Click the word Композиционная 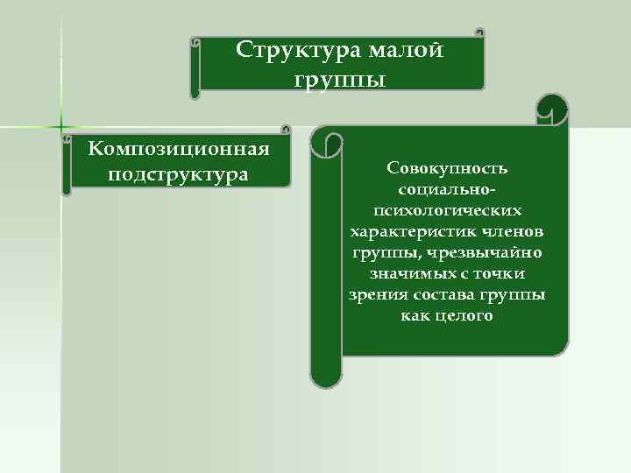pyautogui.click(x=179, y=146)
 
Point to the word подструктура pyautogui.click(x=179, y=174)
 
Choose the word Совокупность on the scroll pyautogui.click(x=446, y=167)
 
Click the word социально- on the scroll pyautogui.click(x=446, y=188)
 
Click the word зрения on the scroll pyautogui.click(x=376, y=294)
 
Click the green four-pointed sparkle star pyautogui.click(x=61, y=126)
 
